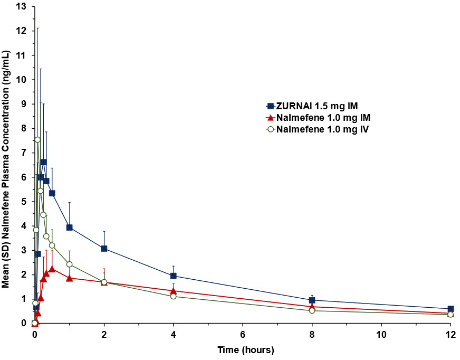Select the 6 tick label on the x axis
tap(243, 334)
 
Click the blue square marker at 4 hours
tap(173, 276)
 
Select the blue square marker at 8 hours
tap(312, 300)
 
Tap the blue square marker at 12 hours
tap(451, 309)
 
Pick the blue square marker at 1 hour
tap(69, 228)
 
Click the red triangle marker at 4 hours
tap(173, 291)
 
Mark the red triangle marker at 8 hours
tap(312, 306)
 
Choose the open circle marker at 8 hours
tap(312, 310)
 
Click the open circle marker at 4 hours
tap(173, 296)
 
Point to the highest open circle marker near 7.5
tap(37, 140)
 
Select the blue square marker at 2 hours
tap(104, 248)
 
